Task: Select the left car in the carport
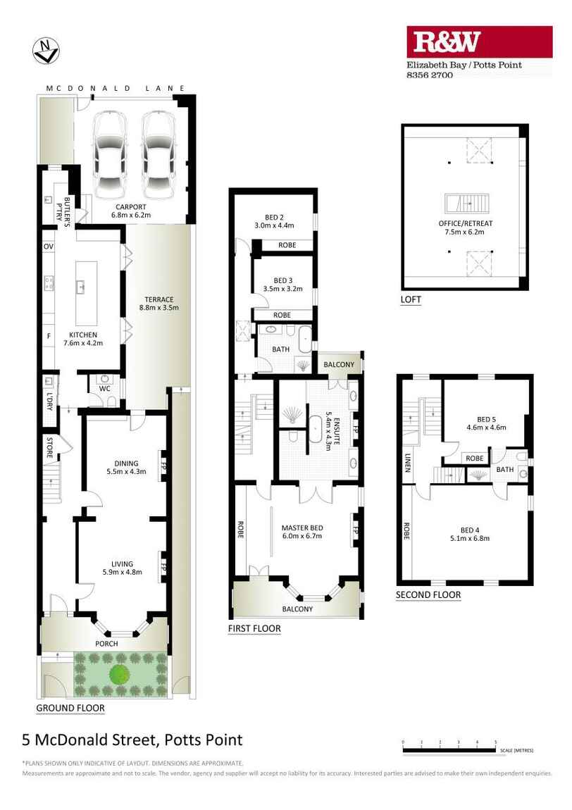pyautogui.click(x=110, y=155)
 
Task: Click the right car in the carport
pyautogui.click(x=158, y=155)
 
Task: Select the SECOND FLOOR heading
pyautogui.click(x=428, y=595)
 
